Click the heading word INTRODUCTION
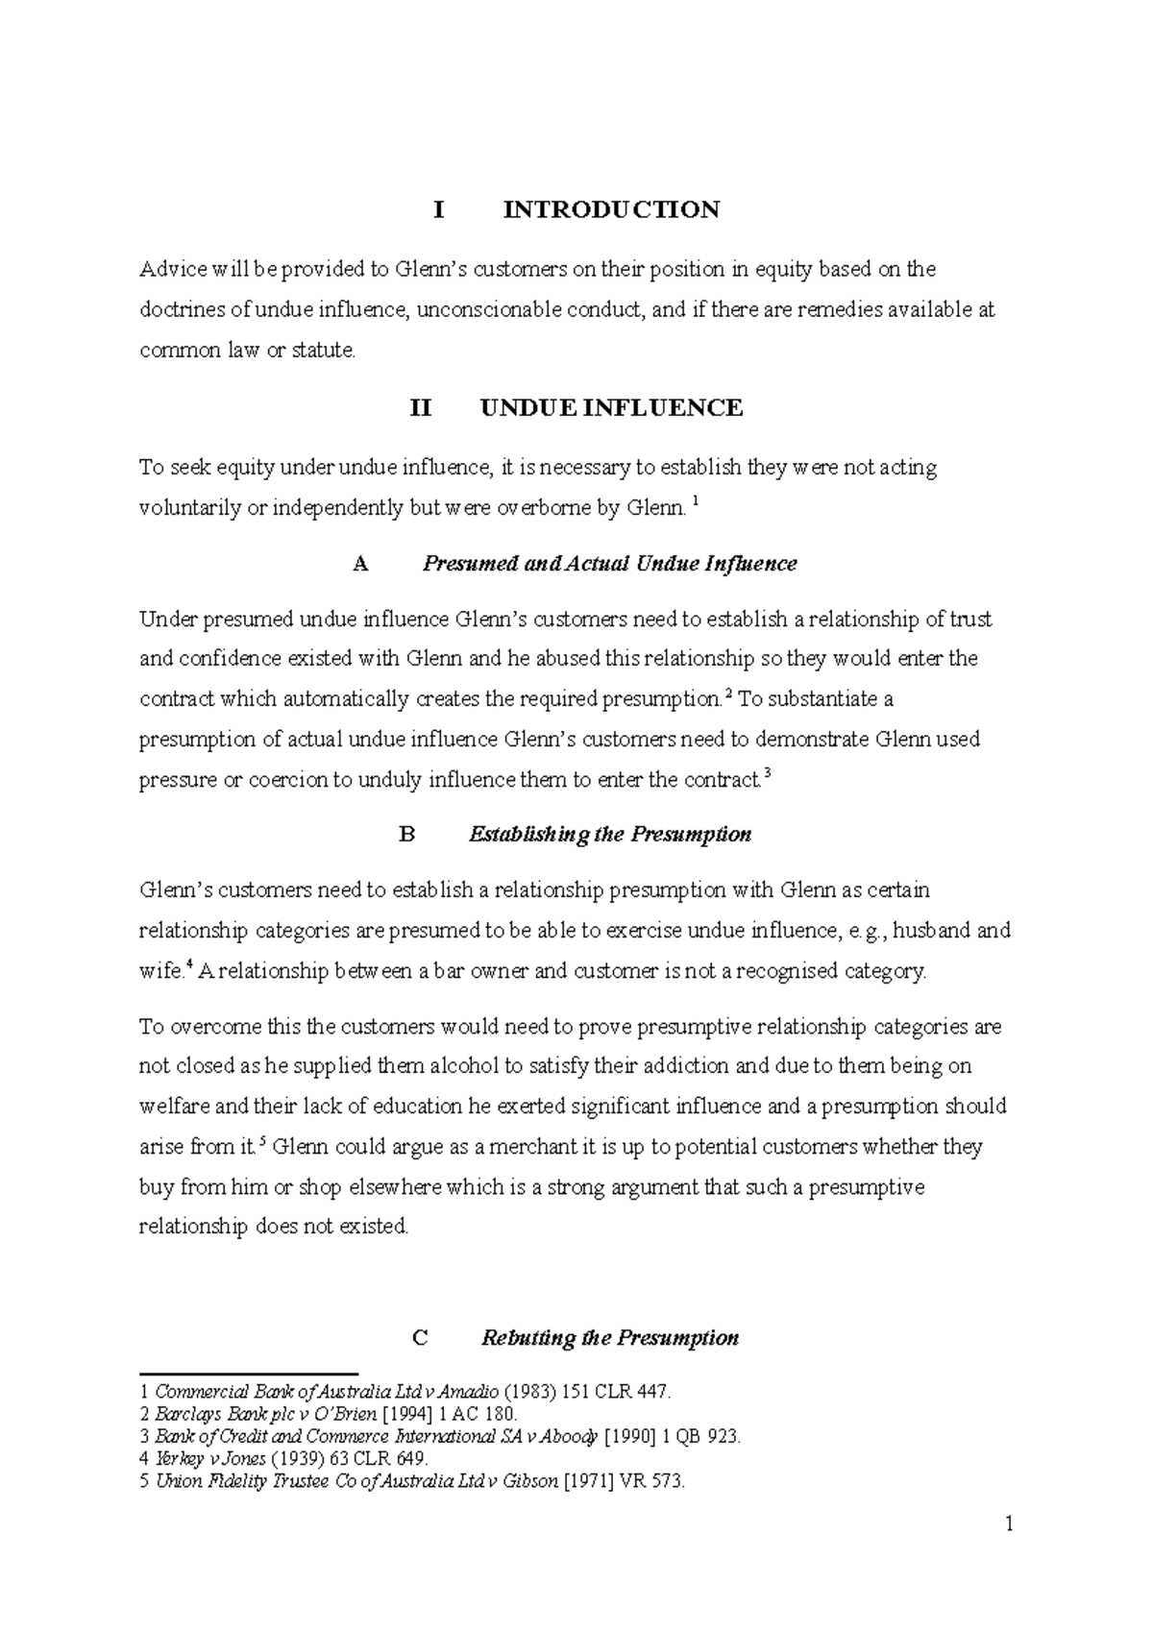(611, 209)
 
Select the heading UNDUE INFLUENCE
(611, 408)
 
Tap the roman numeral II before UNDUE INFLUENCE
(421, 408)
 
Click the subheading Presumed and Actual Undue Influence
(609, 563)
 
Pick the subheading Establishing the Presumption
(609, 834)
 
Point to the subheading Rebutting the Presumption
(609, 1338)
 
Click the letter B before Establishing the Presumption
(406, 834)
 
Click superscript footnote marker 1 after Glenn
(696, 501)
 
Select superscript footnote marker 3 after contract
(768, 773)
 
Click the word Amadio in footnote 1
(469, 1392)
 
